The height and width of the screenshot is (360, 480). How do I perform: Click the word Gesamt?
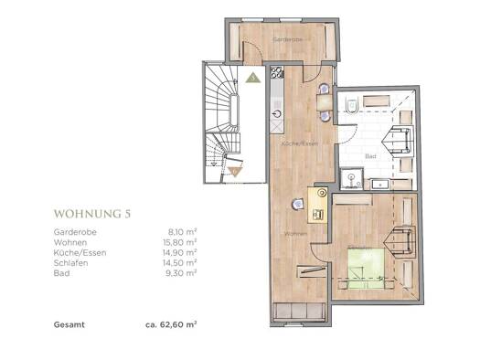point(69,324)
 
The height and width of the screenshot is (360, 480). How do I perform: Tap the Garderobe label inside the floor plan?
point(290,39)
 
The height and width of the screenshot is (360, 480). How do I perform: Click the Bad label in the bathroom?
point(370,155)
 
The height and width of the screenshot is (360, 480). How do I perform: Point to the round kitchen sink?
point(278,115)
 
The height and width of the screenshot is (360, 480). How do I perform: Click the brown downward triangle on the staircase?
point(235,170)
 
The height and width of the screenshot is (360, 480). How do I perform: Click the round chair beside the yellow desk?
point(297,205)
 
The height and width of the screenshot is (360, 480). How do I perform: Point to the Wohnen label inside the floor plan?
point(294,235)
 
